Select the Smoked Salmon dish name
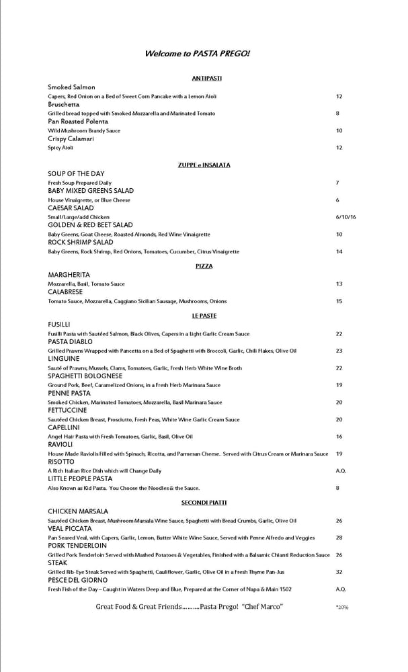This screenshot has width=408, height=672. click(x=71, y=87)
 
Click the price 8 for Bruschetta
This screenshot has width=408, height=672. click(x=337, y=114)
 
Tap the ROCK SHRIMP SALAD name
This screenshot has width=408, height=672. click(x=81, y=243)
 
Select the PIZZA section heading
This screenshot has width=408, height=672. click(x=204, y=267)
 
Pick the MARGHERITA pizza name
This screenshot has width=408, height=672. click(x=69, y=276)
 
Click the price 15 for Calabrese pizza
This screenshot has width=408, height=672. click(x=339, y=301)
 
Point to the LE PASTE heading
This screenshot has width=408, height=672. click(x=204, y=316)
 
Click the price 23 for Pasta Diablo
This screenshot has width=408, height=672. click(x=339, y=351)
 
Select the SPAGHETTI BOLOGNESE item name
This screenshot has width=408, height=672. click(x=85, y=376)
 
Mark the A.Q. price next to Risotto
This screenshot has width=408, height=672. click(x=341, y=471)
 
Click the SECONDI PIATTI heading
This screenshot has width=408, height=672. click(x=204, y=503)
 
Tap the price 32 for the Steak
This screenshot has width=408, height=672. click(x=339, y=572)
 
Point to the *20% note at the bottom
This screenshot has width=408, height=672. click(x=341, y=607)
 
